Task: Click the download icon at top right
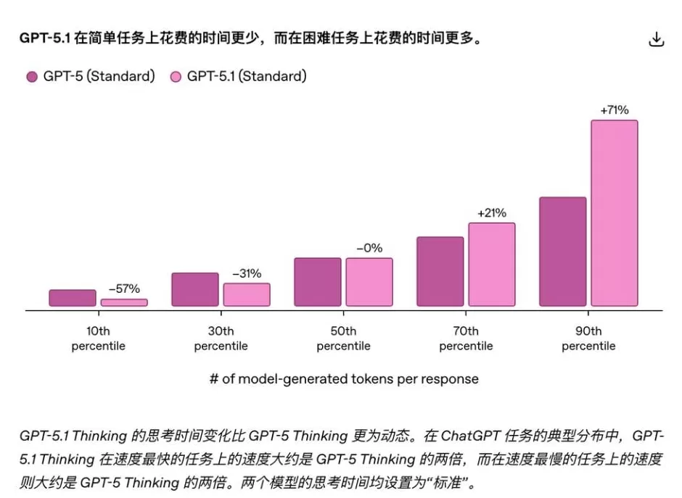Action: (x=656, y=40)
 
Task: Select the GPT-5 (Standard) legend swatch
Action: (x=31, y=77)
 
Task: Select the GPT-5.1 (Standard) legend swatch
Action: (x=176, y=77)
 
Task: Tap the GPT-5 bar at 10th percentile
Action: (x=73, y=298)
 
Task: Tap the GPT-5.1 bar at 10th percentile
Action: (x=124, y=302)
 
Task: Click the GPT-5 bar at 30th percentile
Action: (x=195, y=289)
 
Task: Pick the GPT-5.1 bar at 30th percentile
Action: (x=247, y=294)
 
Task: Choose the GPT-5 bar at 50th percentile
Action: (x=318, y=282)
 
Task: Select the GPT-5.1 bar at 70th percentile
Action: (x=492, y=265)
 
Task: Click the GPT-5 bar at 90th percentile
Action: (x=563, y=252)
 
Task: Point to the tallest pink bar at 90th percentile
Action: (x=615, y=213)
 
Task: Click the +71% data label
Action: (x=615, y=110)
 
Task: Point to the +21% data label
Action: (x=492, y=213)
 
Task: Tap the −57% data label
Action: (x=124, y=289)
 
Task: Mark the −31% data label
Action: (x=247, y=273)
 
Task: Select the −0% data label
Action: (x=369, y=248)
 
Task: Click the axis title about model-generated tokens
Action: (x=344, y=379)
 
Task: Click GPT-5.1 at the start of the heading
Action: (x=45, y=38)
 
